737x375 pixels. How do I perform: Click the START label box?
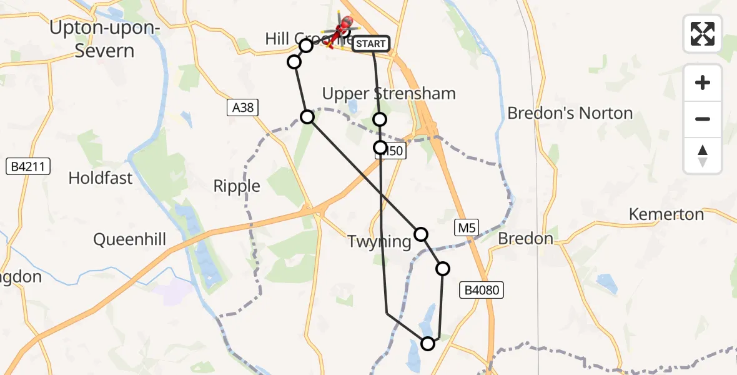372,44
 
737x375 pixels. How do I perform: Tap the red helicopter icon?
343,26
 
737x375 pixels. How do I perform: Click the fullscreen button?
703,34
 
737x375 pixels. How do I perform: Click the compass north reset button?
703,156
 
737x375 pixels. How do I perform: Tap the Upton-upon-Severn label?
104,39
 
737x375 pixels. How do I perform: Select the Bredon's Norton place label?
570,113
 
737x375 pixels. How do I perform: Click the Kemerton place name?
666,214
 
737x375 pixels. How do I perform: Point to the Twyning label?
380,242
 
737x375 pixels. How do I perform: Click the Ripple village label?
237,186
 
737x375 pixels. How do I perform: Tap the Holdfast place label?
101,178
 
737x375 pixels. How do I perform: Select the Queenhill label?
130,239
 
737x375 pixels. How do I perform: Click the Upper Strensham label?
388,94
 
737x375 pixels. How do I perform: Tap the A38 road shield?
242,108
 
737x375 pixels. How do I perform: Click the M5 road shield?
466,229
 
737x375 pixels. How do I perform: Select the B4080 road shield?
481,289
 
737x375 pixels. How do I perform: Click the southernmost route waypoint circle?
428,343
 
